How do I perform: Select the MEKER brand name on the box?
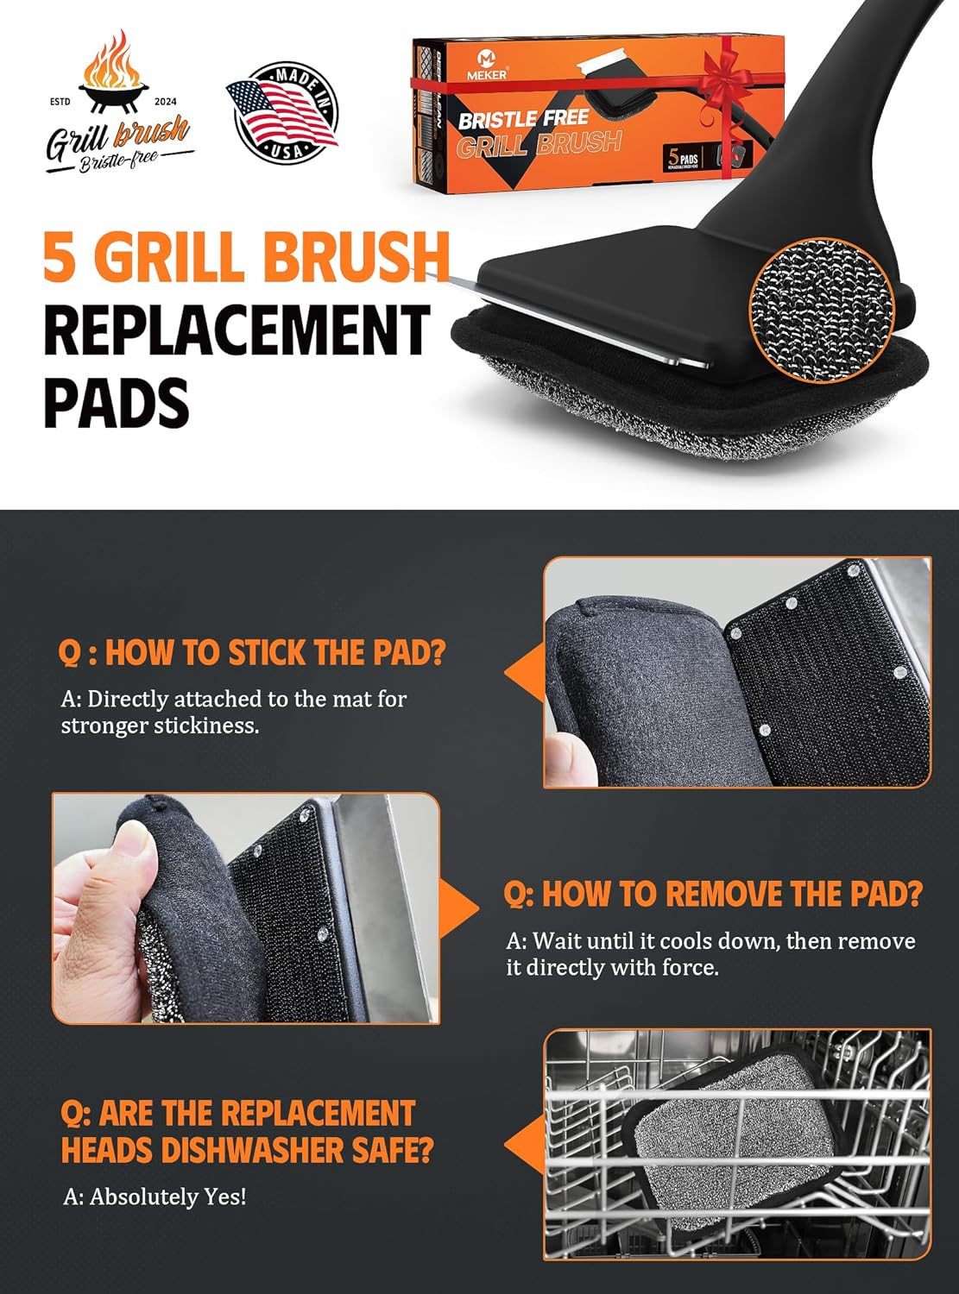pyautogui.click(x=489, y=75)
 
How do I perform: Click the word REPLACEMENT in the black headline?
pyautogui.click(x=237, y=330)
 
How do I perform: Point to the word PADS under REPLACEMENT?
pyautogui.click(x=116, y=402)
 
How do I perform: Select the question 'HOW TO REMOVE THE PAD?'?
pyautogui.click(x=713, y=895)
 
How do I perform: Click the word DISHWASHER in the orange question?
pyautogui.click(x=259, y=1150)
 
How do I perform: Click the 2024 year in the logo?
pyautogui.click(x=166, y=102)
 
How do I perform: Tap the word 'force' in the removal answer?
pyautogui.click(x=686, y=968)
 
